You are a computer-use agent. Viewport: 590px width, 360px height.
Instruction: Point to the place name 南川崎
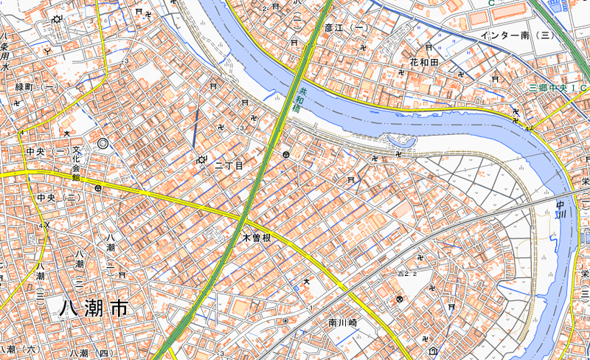(x=343, y=322)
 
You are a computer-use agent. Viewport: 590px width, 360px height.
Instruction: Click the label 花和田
(x=424, y=63)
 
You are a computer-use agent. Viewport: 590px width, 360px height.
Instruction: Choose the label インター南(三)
(x=516, y=35)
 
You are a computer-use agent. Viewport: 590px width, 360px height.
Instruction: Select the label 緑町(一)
(x=37, y=87)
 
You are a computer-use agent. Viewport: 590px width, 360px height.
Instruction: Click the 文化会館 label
(x=76, y=162)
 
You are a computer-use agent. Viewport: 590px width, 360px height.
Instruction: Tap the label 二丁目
(x=229, y=166)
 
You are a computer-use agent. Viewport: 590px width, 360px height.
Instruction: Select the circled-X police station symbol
(x=400, y=299)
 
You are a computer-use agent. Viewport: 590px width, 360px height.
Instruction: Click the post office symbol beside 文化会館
(x=97, y=188)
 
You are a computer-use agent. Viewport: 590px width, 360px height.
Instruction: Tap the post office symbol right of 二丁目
(x=285, y=155)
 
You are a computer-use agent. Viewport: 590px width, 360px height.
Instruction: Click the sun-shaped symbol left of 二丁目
(x=201, y=160)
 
